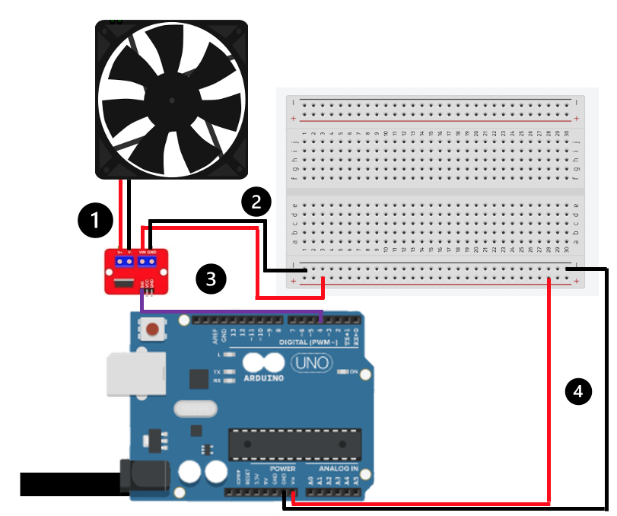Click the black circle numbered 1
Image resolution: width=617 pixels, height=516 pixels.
[94, 220]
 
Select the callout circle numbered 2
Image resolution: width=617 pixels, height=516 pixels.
[256, 201]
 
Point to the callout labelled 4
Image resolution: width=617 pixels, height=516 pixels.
[578, 391]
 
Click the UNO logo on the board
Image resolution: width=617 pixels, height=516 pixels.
[310, 363]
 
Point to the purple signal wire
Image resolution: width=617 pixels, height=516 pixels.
[228, 311]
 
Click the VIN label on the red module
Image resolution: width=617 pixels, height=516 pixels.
[142, 252]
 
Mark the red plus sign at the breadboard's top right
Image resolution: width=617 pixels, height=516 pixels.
[577, 119]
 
